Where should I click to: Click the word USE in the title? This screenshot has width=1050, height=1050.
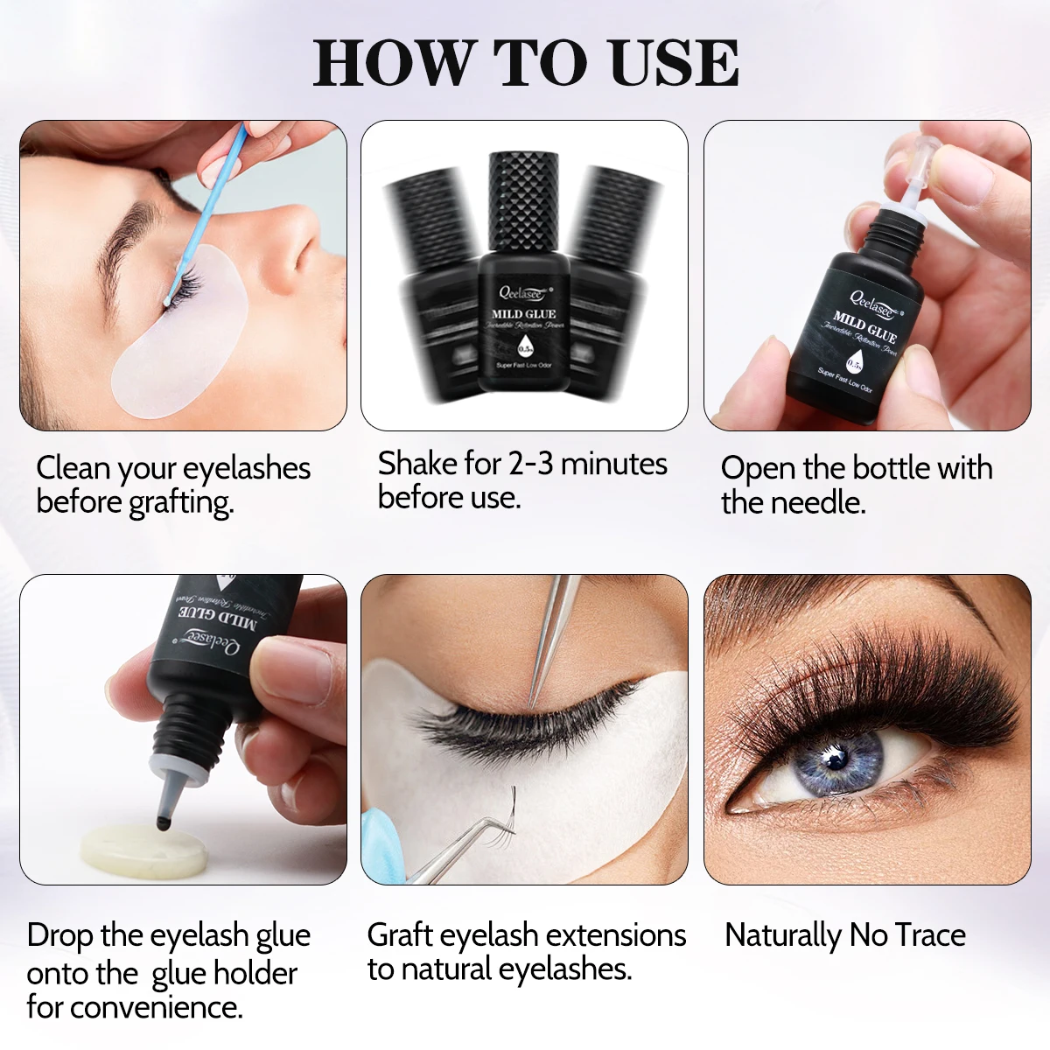point(675,63)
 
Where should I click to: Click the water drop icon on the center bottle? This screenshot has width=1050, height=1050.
point(523,344)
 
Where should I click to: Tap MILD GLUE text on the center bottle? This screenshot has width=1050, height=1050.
point(523,314)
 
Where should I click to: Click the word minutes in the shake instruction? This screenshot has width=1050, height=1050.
point(613,464)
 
